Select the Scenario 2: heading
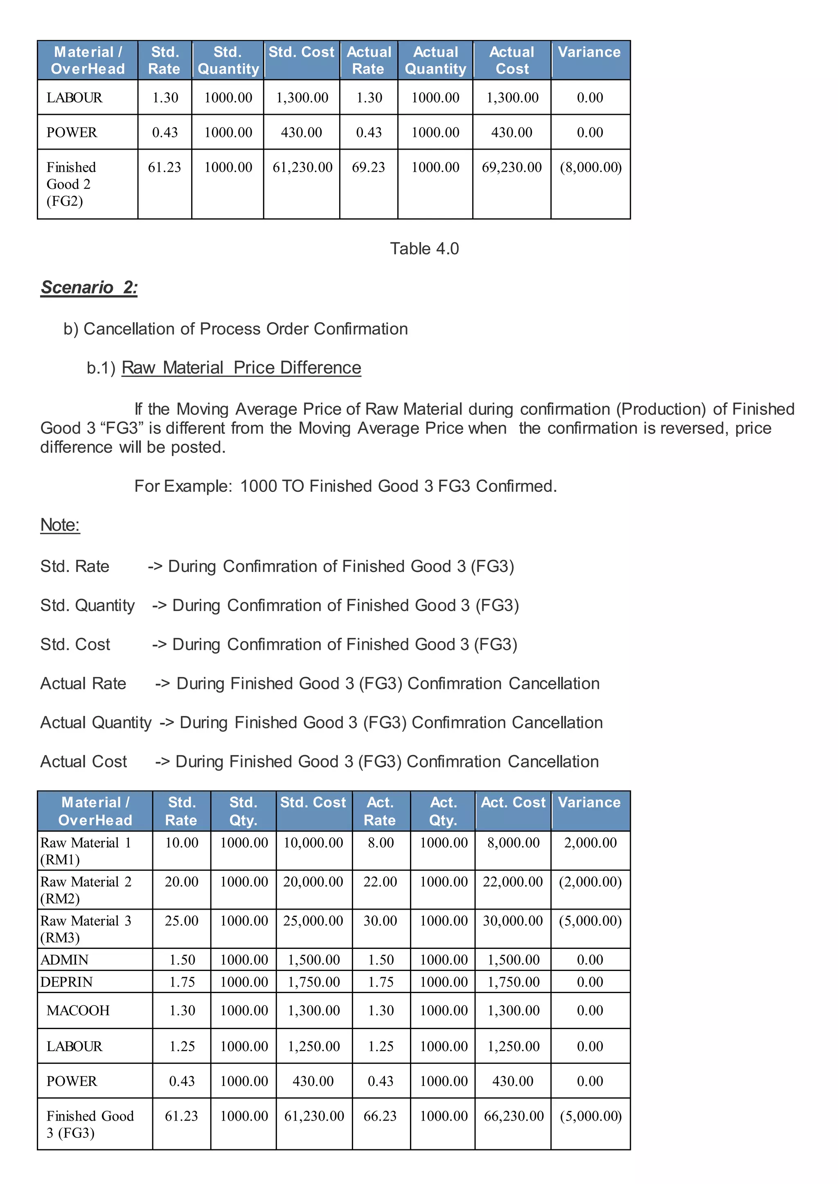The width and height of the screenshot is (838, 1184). pos(89,287)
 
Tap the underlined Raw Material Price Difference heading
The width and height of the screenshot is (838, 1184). pos(241,368)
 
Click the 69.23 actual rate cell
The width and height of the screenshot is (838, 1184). pos(368,167)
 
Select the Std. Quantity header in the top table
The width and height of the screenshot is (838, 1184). pos(228,61)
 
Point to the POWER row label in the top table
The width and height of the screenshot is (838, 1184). pos(72,132)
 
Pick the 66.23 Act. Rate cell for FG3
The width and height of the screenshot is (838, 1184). pos(380,1116)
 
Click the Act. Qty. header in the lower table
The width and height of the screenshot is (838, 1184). pos(443,811)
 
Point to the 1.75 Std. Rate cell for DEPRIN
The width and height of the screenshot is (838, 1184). pos(182,982)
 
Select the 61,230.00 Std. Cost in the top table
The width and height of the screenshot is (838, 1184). pos(302,167)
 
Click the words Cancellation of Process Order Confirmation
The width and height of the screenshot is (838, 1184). pos(246,329)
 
